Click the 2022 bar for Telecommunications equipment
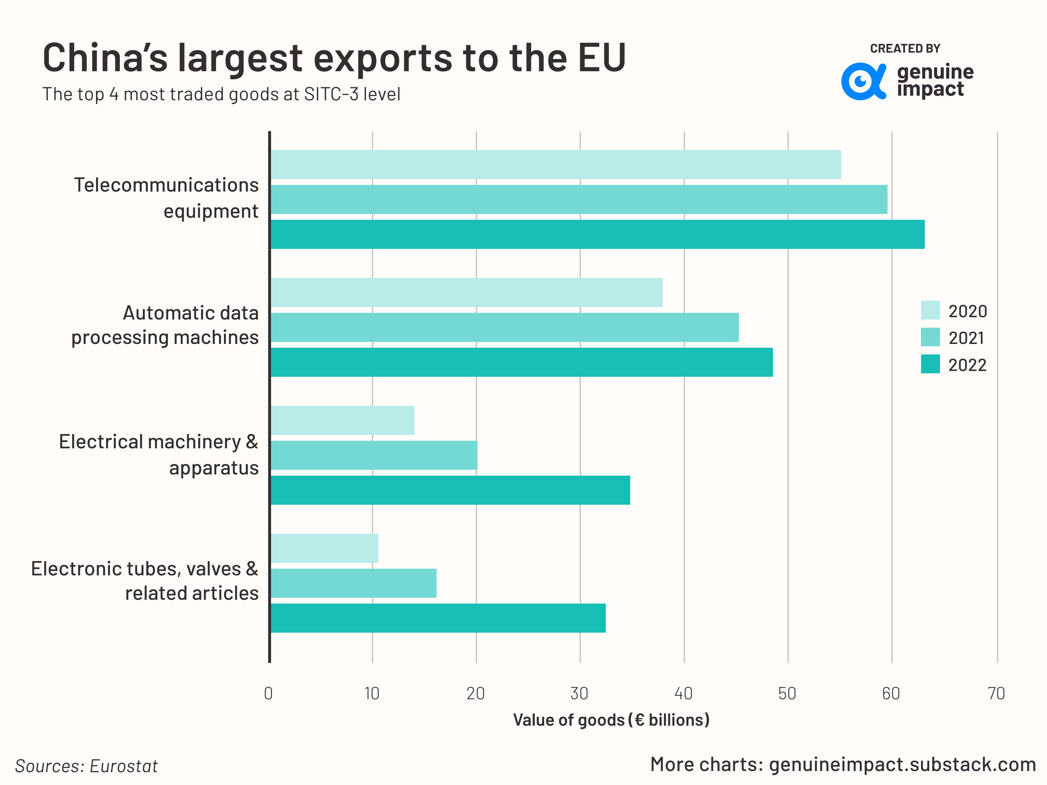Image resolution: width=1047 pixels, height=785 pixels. (x=596, y=234)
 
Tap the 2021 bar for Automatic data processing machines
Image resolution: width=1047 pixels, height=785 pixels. (x=504, y=327)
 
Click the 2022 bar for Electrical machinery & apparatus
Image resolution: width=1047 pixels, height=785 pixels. (x=450, y=490)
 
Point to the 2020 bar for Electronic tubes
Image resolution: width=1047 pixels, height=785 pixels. (x=324, y=548)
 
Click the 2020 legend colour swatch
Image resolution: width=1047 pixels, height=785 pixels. (x=930, y=311)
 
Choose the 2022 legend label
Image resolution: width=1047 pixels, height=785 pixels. (x=967, y=365)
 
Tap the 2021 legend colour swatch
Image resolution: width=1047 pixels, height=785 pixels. (x=930, y=337)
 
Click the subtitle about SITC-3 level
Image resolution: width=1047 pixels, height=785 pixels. (x=221, y=94)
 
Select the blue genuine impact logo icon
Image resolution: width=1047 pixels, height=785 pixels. (x=862, y=81)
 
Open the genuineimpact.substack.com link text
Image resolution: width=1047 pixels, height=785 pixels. (x=902, y=765)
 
